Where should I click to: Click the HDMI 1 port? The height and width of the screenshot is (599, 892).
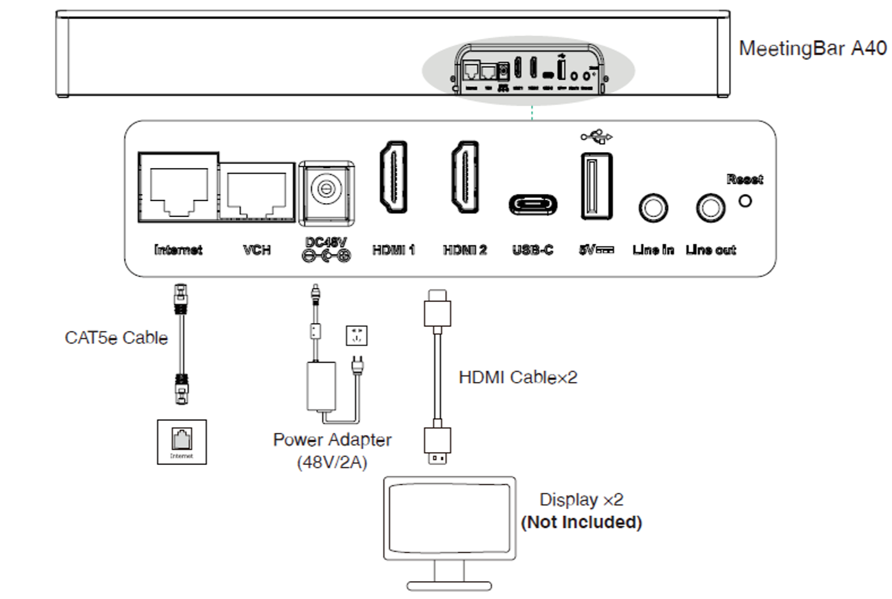393,177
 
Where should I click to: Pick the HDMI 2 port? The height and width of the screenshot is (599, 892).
465,178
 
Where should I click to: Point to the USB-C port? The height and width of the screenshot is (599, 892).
533,205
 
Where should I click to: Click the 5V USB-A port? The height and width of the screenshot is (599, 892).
596,186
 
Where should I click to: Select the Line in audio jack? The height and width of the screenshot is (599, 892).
653,208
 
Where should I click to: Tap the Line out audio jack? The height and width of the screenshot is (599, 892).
711,208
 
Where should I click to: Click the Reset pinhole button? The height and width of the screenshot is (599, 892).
745,201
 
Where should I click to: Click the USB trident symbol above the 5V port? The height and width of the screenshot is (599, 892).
596,136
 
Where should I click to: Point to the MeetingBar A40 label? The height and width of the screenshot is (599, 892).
812,49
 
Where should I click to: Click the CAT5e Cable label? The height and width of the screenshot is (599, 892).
116,338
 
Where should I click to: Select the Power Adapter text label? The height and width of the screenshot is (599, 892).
332,440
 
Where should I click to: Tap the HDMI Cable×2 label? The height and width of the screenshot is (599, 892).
518,377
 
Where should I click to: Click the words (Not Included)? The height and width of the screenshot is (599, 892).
582,522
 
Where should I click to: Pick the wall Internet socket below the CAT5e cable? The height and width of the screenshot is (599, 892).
182,441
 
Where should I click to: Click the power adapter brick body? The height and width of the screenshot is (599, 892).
321,387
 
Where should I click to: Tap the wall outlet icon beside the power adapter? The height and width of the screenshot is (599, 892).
356,335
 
